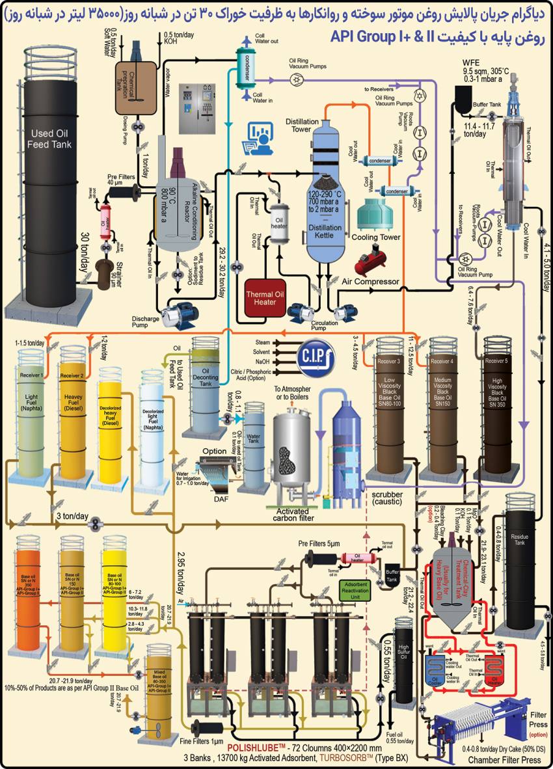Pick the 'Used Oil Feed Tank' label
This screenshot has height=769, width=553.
click(x=49, y=139)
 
